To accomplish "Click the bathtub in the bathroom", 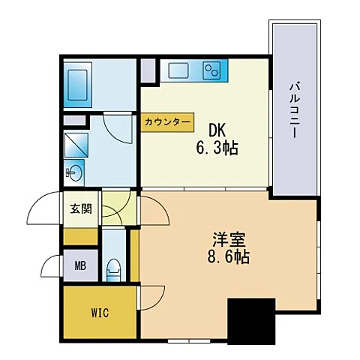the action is coord(78,85).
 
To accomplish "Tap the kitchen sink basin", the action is coord(178,70).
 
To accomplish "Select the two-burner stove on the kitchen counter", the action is coord(212,70).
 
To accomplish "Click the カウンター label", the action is coord(167,122).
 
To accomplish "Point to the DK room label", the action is coord(217,130).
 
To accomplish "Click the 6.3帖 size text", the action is coord(217,148).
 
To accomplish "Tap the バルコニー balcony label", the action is coord(295,110).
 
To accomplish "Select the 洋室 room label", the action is coord(229,239).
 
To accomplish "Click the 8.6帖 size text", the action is coord(229,256).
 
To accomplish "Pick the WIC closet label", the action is coord(100,313).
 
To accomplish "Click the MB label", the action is coord(80,265).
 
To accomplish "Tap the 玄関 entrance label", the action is coord(81,208).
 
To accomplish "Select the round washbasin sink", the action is coord(74,172).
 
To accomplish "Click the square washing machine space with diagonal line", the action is coord(76,145).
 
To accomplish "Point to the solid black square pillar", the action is coord(251,321).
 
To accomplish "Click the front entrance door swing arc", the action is coord(38,200).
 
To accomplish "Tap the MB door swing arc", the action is coord(46,261).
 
